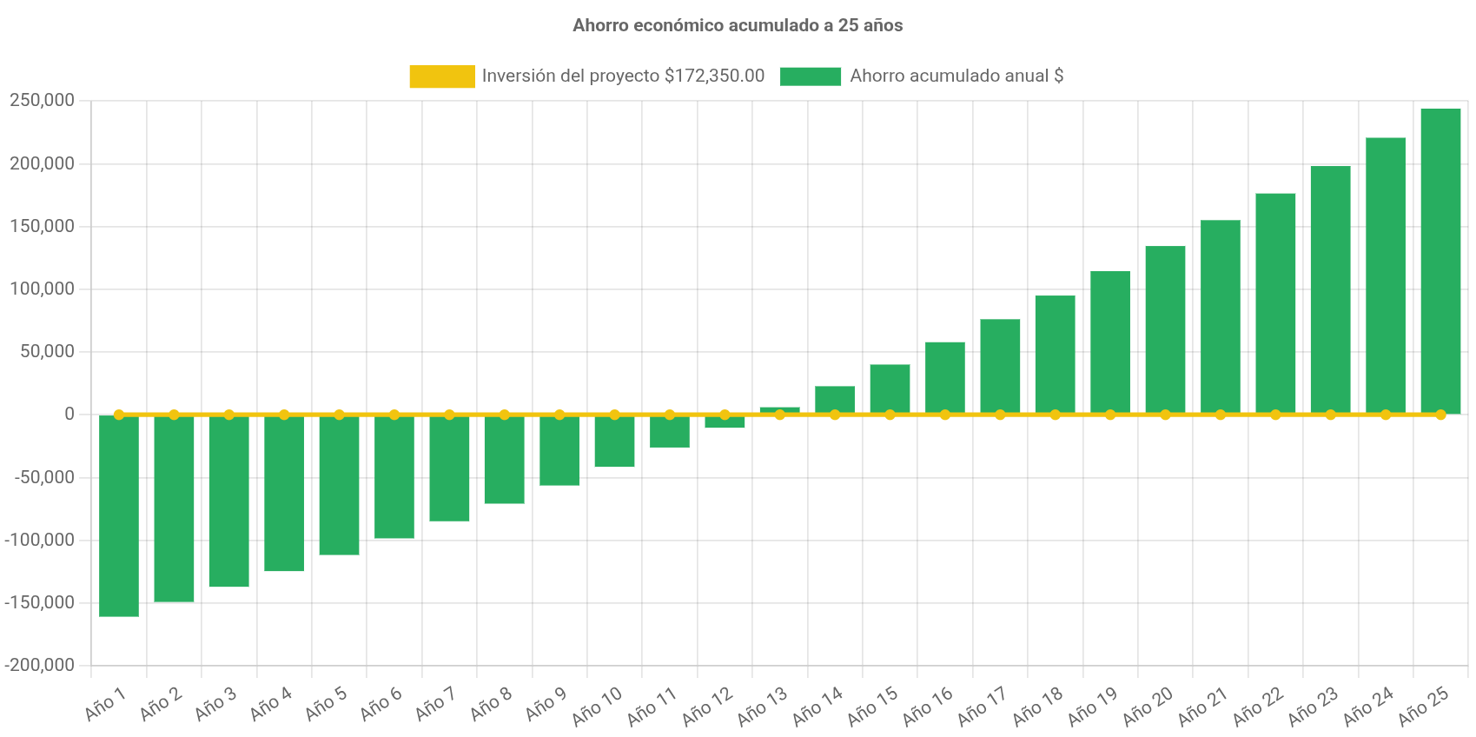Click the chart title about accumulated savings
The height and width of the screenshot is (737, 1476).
pos(738,26)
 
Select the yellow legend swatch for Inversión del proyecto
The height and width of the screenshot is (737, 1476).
pos(441,76)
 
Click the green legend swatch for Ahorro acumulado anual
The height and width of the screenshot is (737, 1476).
pos(810,76)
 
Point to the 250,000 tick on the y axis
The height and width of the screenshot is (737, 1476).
pos(42,101)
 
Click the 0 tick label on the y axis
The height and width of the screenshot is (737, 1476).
pos(69,415)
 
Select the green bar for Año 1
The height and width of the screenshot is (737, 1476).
pos(119,516)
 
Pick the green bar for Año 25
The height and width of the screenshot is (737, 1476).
pos(1440,261)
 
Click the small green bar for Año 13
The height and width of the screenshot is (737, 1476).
pos(779,409)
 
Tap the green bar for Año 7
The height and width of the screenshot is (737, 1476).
pos(449,468)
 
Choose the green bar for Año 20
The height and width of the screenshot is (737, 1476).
pos(1165,330)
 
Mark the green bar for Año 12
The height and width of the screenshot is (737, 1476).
pos(725,422)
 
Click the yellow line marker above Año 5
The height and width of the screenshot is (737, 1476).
pos(339,415)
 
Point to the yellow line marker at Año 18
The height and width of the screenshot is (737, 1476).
pos(1055,415)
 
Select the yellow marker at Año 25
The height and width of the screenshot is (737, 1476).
pos(1440,415)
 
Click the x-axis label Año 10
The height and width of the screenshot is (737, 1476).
pos(597,706)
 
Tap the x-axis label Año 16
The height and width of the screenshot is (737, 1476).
pos(927,706)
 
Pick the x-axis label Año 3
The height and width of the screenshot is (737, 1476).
pos(215,704)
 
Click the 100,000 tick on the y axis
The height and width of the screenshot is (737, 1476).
pos(42,289)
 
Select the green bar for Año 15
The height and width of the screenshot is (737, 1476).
pos(890,388)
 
